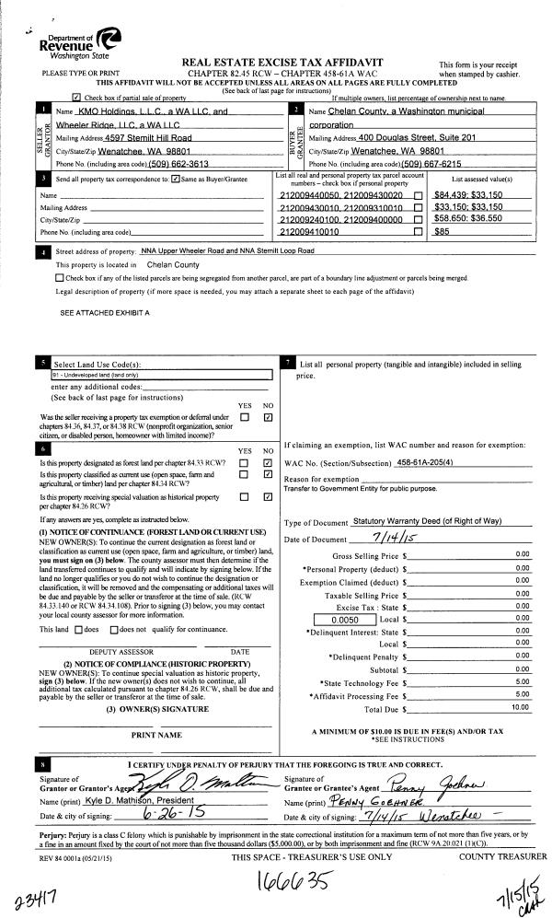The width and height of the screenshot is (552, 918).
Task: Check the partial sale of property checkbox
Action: (x=75, y=96)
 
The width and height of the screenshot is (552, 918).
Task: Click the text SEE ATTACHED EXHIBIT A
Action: (x=105, y=313)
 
